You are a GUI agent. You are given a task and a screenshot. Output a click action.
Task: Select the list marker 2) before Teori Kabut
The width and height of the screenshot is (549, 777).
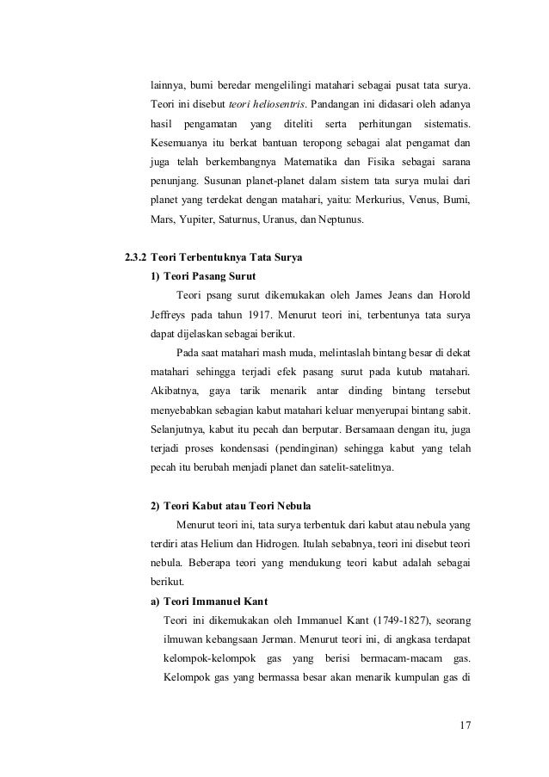pos(155,503)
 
